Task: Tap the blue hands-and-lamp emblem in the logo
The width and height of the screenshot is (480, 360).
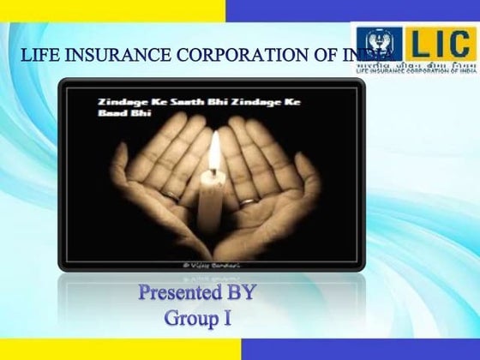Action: pos(376,44)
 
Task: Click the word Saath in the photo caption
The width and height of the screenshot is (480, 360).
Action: pos(159,101)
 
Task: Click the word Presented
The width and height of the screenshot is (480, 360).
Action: pos(181,294)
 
